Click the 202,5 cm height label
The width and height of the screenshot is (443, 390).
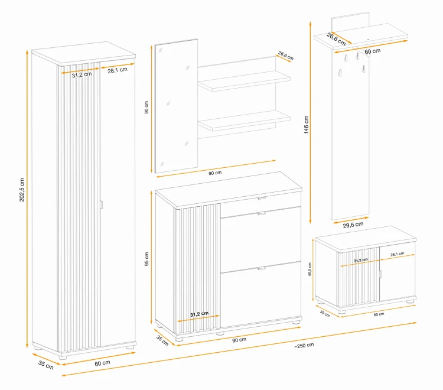(x=22, y=190)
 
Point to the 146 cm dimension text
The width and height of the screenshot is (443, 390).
(x=306, y=125)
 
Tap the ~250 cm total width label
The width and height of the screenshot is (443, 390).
(x=304, y=345)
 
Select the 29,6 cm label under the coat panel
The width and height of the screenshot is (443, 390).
(x=353, y=225)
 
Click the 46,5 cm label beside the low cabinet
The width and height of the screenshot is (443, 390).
(x=310, y=269)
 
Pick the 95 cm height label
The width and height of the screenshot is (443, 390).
(x=146, y=259)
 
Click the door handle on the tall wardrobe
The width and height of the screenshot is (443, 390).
(x=102, y=204)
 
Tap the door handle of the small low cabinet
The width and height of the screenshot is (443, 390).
(x=380, y=274)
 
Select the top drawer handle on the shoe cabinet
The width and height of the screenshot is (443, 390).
(x=262, y=198)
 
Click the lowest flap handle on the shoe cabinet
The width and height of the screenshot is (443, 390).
(x=262, y=268)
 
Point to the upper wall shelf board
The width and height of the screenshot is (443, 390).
(x=244, y=81)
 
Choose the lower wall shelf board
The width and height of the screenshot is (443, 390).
(x=244, y=121)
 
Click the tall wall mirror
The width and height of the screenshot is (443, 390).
(x=176, y=106)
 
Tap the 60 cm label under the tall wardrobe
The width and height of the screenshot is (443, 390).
(x=102, y=363)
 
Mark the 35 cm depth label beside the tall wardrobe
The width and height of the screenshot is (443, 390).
(x=45, y=365)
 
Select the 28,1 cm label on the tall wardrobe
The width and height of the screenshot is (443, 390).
(x=118, y=70)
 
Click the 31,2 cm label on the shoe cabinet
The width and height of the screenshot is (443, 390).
(x=199, y=314)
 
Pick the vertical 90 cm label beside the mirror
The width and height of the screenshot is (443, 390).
(x=146, y=108)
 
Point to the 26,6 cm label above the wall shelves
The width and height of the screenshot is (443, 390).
(x=286, y=56)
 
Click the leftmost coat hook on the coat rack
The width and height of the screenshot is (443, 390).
(x=340, y=73)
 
